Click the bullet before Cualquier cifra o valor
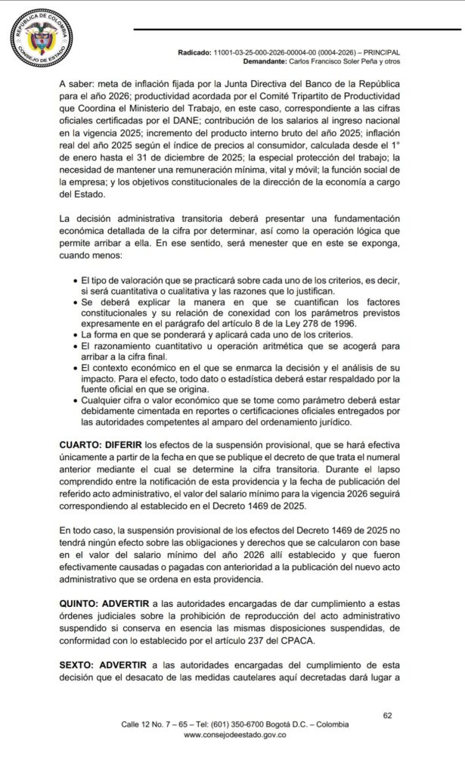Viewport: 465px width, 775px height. click(74, 403)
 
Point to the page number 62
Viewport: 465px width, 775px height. click(388, 714)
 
